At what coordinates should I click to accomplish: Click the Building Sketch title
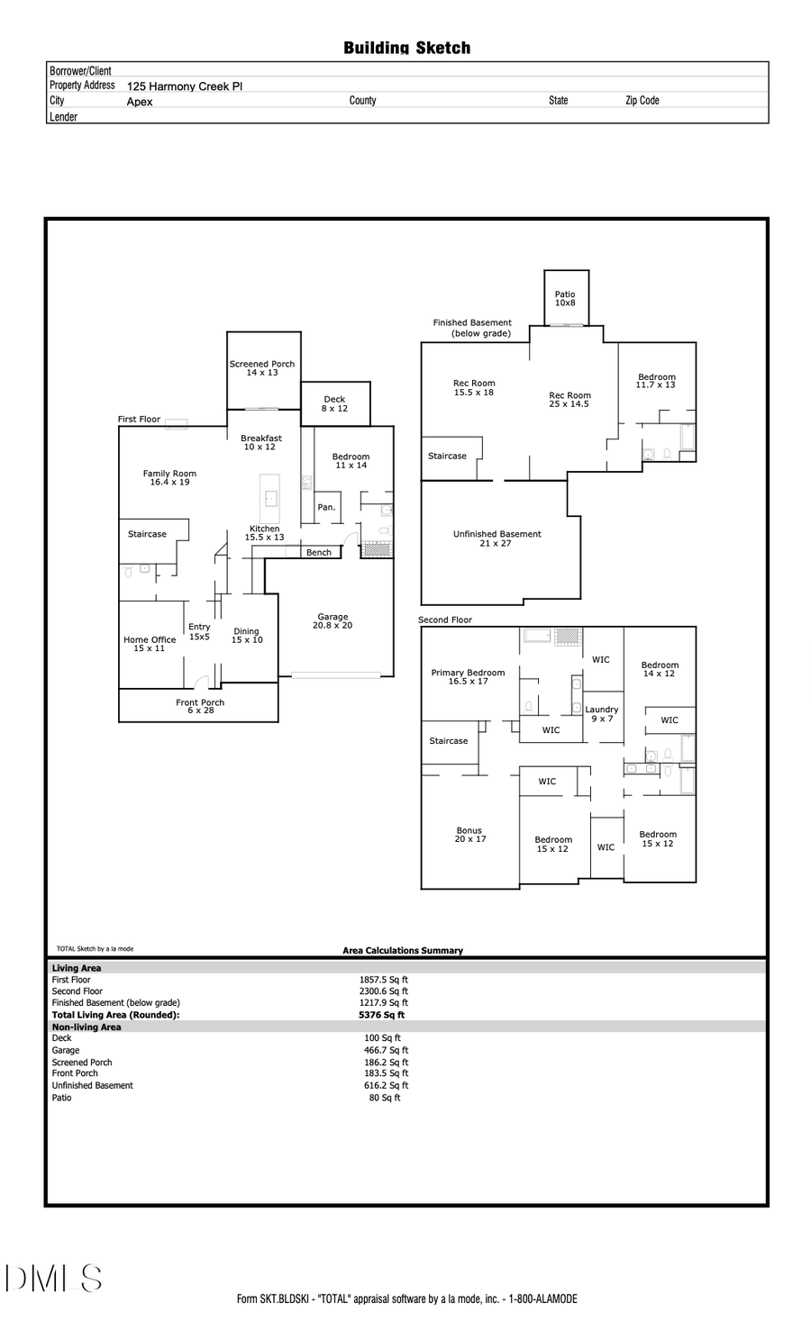[x=406, y=48]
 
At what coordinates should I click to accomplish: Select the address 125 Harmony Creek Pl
[x=185, y=86]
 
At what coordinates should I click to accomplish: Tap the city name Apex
[x=140, y=102]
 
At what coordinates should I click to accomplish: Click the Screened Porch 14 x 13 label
[x=262, y=368]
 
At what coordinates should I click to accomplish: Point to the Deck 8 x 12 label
[x=334, y=403]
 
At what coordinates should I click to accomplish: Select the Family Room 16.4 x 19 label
[x=169, y=478]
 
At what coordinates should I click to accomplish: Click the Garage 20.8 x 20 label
[x=333, y=621]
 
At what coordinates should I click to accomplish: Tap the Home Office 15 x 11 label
[x=150, y=644]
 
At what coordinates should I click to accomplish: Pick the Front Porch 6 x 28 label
[x=200, y=706]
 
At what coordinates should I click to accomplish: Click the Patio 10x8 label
[x=565, y=299]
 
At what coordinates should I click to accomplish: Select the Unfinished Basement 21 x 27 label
[x=497, y=538]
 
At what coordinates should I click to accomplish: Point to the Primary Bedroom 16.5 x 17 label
[x=468, y=676]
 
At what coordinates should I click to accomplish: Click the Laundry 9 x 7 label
[x=602, y=714]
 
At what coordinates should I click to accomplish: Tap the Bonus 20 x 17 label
[x=469, y=835]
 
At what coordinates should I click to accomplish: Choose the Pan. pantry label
[x=326, y=508]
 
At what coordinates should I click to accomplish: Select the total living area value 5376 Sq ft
[x=382, y=1015]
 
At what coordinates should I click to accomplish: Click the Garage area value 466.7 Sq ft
[x=386, y=1050]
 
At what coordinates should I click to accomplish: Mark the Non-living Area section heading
[x=87, y=1027]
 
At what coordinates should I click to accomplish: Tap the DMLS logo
[x=54, y=1279]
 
